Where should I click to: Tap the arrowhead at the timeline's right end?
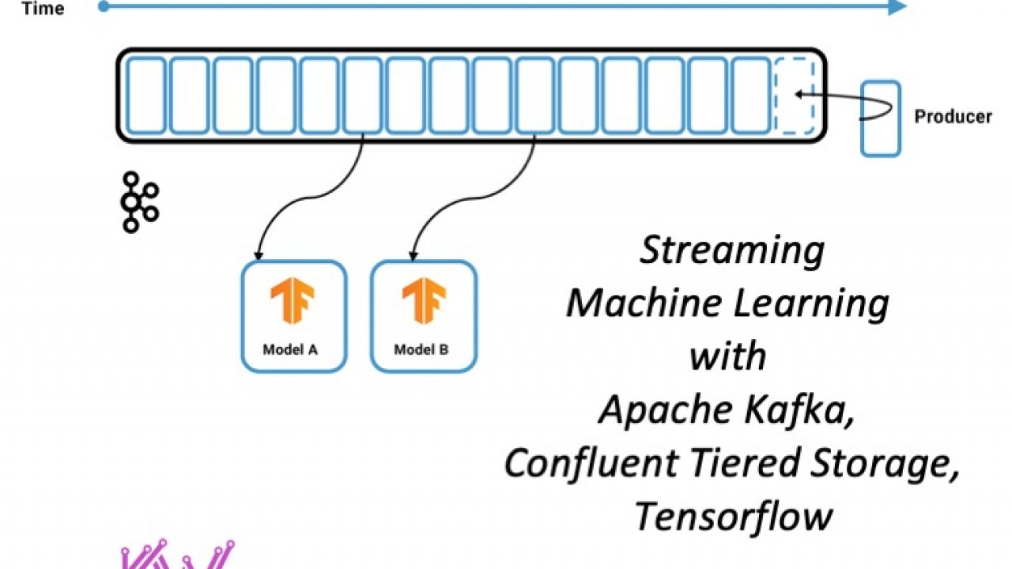897,6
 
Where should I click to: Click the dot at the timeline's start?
104,6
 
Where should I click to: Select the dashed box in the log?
793,95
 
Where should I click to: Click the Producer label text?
953,117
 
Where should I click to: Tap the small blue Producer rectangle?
880,118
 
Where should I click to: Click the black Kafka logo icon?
138,202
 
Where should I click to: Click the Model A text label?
291,349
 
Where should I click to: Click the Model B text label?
421,349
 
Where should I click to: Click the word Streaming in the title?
731,251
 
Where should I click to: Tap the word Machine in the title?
635,303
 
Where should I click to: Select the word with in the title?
727,356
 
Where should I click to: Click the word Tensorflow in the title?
733,516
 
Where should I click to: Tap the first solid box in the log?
146,95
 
